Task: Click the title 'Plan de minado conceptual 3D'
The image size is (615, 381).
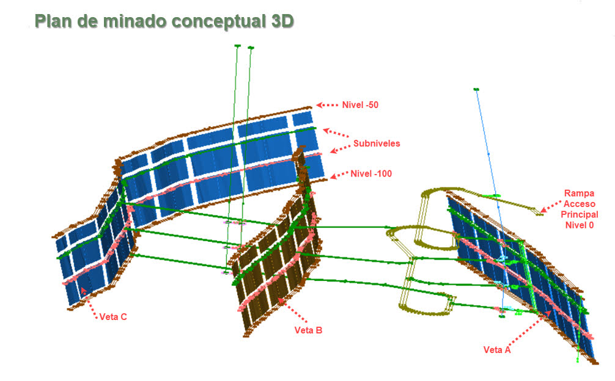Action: point(164,21)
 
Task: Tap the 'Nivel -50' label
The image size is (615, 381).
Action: point(360,105)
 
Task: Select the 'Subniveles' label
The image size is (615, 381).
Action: point(377,143)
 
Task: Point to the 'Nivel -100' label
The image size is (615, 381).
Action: point(371,173)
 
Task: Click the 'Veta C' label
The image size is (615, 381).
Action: point(113,317)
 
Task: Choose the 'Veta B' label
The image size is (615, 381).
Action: point(308,330)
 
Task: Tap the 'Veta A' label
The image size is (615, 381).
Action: point(497,350)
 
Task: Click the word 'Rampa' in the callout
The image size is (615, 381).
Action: point(580,193)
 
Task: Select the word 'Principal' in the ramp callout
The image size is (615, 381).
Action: point(580,214)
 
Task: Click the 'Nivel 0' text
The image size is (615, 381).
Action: point(580,225)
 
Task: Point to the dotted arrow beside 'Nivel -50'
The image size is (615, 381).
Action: point(327,105)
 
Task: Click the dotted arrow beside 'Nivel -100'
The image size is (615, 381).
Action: point(339,175)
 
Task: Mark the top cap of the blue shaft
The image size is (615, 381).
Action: point(477,90)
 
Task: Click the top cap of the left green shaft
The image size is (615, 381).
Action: point(237,46)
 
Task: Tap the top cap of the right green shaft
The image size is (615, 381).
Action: point(251,48)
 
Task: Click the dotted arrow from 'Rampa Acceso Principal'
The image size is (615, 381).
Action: point(551,207)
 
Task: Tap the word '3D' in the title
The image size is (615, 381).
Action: point(282,21)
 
